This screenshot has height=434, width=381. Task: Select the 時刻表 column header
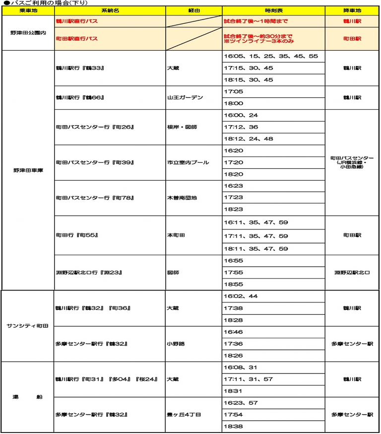(273, 10)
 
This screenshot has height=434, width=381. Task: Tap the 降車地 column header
(352, 10)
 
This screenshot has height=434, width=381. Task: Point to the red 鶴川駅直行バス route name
(76, 21)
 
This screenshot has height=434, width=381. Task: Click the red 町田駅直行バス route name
(76, 38)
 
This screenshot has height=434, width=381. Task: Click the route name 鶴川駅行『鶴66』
(80, 98)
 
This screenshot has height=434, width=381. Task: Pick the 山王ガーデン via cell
(185, 98)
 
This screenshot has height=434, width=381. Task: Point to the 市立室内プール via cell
(188, 163)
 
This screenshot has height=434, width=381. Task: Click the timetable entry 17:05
(234, 92)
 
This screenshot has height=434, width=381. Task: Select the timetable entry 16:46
(234, 332)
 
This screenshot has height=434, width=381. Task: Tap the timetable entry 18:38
(234, 427)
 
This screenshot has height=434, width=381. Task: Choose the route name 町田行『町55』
(77, 235)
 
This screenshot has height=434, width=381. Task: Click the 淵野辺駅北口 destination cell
(352, 273)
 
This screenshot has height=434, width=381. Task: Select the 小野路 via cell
(176, 344)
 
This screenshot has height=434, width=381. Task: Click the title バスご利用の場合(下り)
(45, 3)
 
